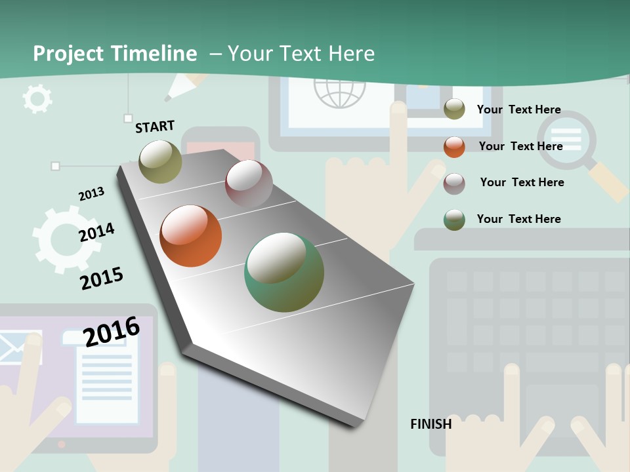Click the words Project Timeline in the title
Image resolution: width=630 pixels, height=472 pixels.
(115, 54)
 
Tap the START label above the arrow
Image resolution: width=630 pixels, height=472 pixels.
(155, 127)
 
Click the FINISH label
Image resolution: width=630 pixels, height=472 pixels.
(430, 424)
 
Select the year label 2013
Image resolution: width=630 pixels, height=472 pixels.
(91, 194)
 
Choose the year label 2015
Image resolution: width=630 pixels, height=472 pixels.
(102, 278)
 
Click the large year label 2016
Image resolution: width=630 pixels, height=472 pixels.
(112, 331)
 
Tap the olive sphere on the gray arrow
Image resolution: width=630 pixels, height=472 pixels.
(160, 162)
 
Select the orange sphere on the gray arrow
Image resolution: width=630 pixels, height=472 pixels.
(190, 236)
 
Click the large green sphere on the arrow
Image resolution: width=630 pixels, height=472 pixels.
(283, 272)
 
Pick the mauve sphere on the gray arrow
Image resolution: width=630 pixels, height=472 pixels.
(249, 184)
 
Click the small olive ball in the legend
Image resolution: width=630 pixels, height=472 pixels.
(454, 109)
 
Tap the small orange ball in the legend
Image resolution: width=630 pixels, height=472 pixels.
(454, 147)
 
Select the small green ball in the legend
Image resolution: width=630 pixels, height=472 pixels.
(454, 220)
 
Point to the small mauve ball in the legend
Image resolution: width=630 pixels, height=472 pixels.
(454, 184)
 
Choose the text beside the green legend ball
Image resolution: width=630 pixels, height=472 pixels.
(518, 219)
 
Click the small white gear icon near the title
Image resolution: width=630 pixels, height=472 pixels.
(37, 99)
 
